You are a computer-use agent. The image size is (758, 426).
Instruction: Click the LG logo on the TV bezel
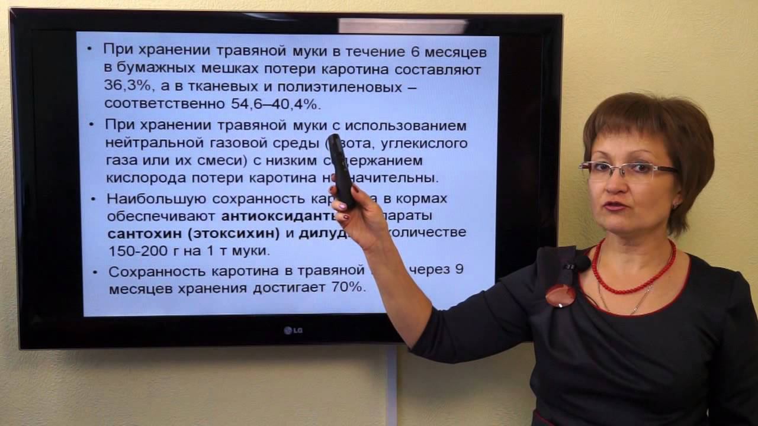click(293, 330)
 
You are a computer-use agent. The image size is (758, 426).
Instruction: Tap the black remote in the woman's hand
click(342, 171)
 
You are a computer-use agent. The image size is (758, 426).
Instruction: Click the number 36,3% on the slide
click(126, 86)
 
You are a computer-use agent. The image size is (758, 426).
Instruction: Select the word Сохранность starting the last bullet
click(149, 272)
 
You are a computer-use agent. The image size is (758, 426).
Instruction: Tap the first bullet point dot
click(89, 50)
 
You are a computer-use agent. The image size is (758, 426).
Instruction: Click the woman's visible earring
click(675, 205)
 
